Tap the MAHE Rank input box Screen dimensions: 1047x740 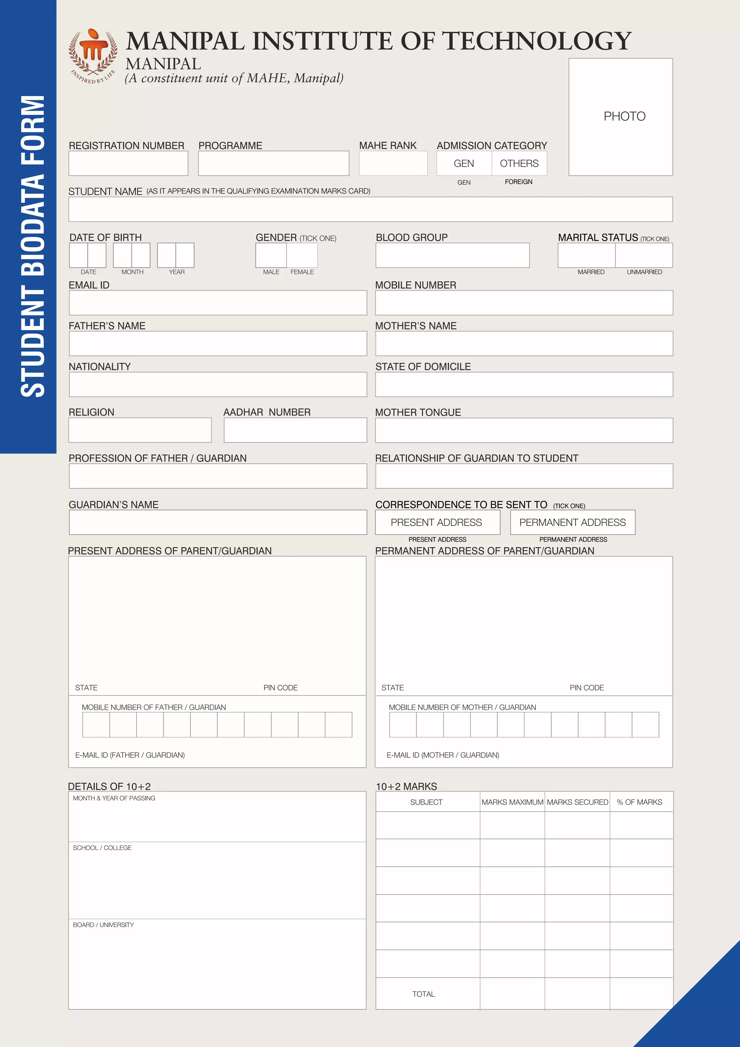click(x=393, y=163)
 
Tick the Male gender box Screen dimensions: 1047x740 click(x=271, y=255)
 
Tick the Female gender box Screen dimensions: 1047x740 click(x=302, y=255)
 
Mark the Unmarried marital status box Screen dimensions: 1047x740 click(x=644, y=255)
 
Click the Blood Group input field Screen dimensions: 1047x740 click(x=452, y=255)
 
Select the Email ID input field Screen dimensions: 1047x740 click(x=218, y=303)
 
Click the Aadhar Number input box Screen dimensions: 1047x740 click(x=295, y=430)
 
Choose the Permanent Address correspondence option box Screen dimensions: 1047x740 click(x=572, y=522)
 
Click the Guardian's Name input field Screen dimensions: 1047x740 click(x=218, y=522)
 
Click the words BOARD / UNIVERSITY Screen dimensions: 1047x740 click(x=103, y=925)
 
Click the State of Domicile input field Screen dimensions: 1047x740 click(x=524, y=384)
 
